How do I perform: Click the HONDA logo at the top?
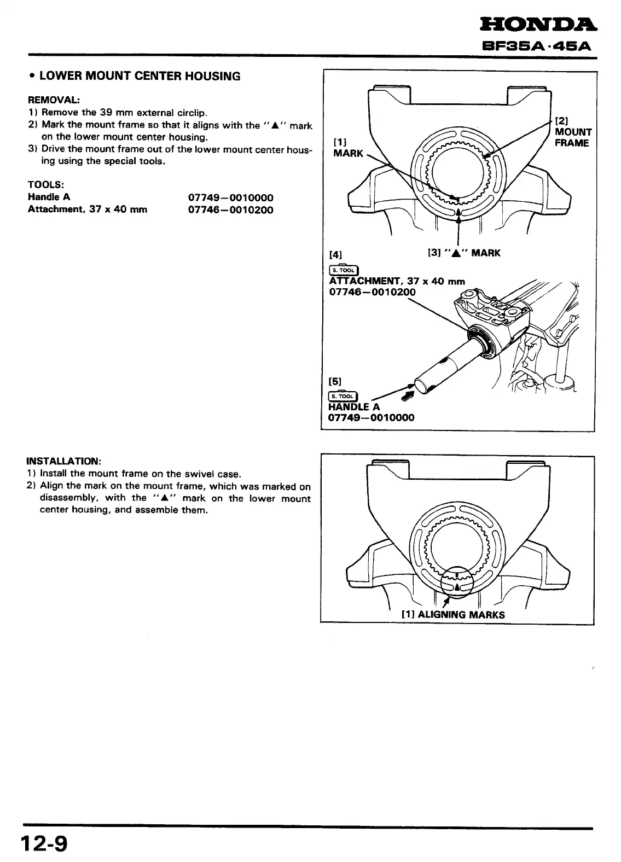(538, 24)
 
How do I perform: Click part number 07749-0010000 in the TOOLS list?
(230, 197)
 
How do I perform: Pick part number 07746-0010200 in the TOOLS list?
(230, 210)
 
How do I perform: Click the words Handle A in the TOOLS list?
(49, 197)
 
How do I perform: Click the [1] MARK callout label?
(348, 148)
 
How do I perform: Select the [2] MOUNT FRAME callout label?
(573, 132)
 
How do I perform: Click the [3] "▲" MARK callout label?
(463, 253)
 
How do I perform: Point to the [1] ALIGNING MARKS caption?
(453, 614)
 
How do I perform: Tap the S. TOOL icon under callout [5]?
(343, 397)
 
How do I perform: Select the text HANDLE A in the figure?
(354, 406)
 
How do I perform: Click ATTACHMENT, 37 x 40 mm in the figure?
(397, 281)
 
